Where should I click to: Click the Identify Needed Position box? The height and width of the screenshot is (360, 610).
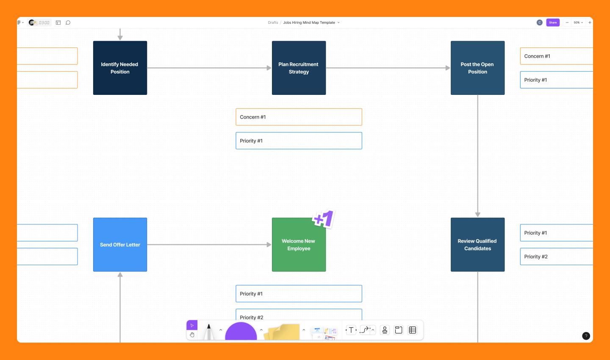[120, 68]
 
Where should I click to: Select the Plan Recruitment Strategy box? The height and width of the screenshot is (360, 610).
[299, 68]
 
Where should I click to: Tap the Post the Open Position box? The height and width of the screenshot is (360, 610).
[477, 68]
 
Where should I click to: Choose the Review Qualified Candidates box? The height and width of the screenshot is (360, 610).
[477, 244]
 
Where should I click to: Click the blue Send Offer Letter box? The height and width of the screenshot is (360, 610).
[120, 244]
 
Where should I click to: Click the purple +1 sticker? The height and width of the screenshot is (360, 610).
[324, 219]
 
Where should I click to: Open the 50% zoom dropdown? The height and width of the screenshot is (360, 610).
[578, 22]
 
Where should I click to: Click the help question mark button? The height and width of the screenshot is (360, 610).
[586, 336]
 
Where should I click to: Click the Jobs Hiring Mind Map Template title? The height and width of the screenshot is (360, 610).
[309, 22]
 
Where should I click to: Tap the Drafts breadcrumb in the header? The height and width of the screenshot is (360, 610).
[273, 22]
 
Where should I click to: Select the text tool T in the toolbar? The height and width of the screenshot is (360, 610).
[351, 330]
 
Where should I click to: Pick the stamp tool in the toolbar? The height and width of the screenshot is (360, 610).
[385, 330]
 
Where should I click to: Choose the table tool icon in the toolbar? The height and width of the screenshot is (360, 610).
[413, 330]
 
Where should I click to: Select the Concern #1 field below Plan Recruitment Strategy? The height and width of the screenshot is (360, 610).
[299, 117]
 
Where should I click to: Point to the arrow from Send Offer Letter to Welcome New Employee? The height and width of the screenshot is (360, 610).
[209, 244]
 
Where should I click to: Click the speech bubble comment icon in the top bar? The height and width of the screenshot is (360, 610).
[68, 22]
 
